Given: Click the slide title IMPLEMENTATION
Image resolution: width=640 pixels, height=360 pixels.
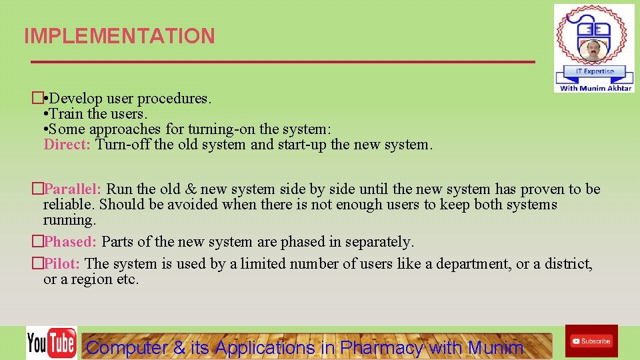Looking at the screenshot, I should pyautogui.click(x=119, y=36).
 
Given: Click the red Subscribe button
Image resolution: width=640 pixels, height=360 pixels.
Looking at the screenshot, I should pyautogui.click(x=591, y=341).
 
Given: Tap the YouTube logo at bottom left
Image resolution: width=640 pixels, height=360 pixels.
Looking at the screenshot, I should pyautogui.click(x=51, y=343).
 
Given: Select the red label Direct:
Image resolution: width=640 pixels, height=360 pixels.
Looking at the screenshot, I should pyautogui.click(x=67, y=144).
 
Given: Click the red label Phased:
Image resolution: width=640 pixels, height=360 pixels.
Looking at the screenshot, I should pyautogui.click(x=71, y=241).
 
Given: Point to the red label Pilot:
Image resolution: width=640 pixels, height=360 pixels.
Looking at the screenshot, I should pyautogui.click(x=62, y=264).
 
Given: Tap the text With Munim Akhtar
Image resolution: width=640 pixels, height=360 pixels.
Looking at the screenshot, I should pyautogui.click(x=595, y=87).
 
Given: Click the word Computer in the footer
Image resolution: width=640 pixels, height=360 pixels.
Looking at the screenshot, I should pyautogui.click(x=127, y=347).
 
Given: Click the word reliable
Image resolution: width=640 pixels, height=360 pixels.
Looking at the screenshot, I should pyautogui.click(x=69, y=205).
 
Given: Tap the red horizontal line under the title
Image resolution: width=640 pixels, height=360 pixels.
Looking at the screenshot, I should pyautogui.click(x=283, y=62).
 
